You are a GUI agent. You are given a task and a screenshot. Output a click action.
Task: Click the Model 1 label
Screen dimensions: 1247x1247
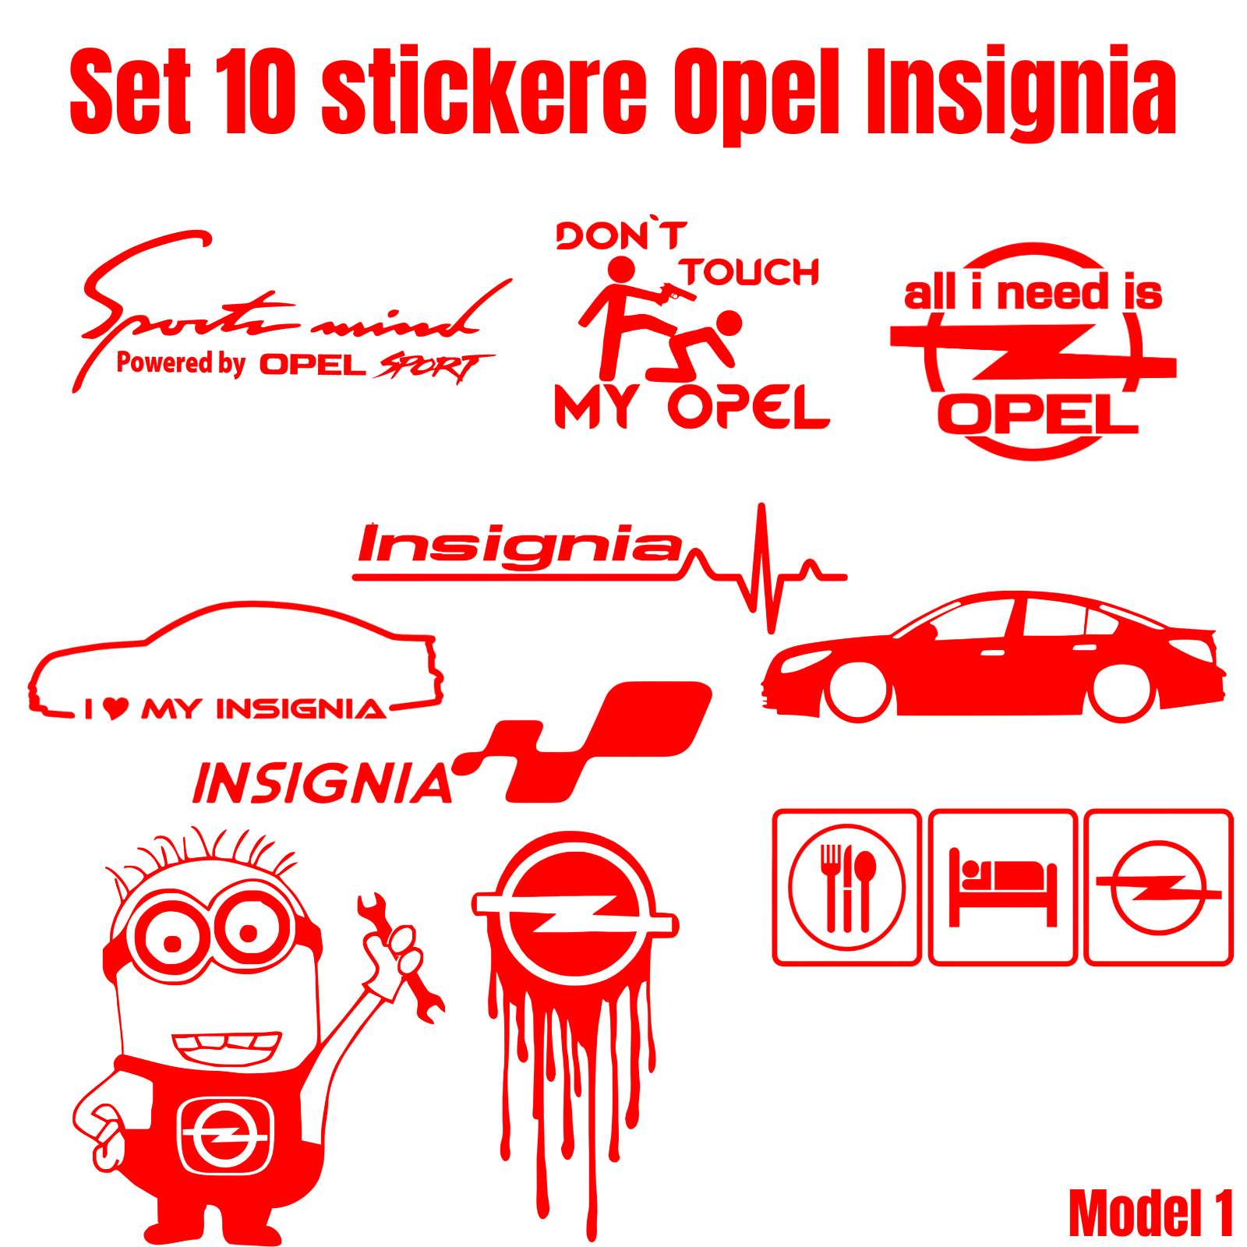[1151, 1213]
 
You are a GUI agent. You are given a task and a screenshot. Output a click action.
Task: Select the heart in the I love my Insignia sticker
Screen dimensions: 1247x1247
[115, 708]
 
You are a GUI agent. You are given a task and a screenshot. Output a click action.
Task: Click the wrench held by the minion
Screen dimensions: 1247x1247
[399, 958]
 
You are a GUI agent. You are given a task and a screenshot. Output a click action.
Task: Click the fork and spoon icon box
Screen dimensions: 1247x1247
[846, 887]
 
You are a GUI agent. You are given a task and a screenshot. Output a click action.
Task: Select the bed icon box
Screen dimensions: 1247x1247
[1003, 887]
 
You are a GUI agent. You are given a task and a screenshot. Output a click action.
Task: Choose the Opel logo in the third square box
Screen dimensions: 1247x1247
[1159, 887]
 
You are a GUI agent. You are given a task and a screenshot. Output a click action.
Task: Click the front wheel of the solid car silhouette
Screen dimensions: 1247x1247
[859, 690]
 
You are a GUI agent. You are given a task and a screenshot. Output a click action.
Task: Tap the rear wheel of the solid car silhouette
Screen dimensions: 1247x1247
[1122, 691]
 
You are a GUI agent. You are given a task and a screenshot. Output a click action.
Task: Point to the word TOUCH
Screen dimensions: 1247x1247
[749, 273]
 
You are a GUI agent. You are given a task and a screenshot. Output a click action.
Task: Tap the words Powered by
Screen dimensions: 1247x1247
[181, 363]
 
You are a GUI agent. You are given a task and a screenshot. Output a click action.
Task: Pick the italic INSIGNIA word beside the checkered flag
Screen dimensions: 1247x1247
[323, 782]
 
